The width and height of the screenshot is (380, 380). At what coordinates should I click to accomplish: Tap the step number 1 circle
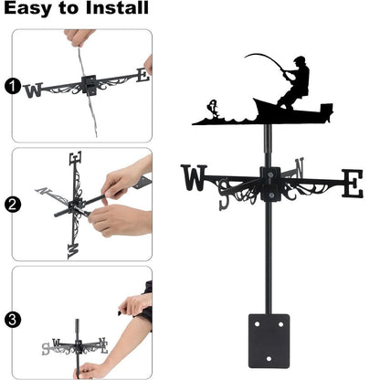pos(12,88)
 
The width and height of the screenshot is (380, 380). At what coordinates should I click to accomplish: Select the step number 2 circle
pos(12,205)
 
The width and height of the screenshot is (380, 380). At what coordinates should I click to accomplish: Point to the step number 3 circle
pos(12,320)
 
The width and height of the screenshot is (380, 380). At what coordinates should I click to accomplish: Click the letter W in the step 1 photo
pos(34,90)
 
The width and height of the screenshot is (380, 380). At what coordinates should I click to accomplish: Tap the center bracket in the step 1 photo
pos(89,84)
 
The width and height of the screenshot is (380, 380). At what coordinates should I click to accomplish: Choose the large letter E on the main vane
pos(352,183)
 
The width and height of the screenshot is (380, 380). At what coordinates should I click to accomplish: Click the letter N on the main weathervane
pos(298,168)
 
